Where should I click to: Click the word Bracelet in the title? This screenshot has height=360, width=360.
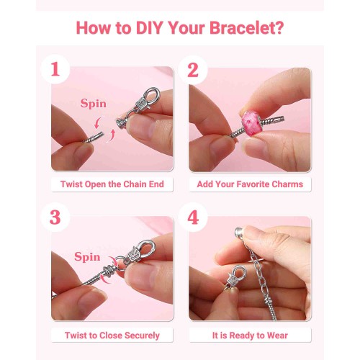pyautogui.click(x=246, y=28)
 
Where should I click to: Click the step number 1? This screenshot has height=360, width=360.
pyautogui.click(x=55, y=69)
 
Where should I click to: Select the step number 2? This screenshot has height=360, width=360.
pyautogui.click(x=193, y=70)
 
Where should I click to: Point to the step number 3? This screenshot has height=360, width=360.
pyautogui.click(x=55, y=217)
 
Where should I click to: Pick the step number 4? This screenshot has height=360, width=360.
pyautogui.click(x=193, y=217)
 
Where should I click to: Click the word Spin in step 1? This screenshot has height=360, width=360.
pyautogui.click(x=94, y=104)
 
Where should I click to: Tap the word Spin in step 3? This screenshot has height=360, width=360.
pyautogui.click(x=87, y=257)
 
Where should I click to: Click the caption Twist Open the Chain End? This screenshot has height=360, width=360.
pyautogui.click(x=112, y=184)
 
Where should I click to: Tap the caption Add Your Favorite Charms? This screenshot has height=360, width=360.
pyautogui.click(x=250, y=184)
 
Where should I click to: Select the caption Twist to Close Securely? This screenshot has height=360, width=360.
pyautogui.click(x=112, y=336)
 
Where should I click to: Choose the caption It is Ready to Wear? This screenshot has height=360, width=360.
pyautogui.click(x=250, y=336)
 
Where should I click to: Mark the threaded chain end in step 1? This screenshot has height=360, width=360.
pyautogui.click(x=94, y=138)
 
